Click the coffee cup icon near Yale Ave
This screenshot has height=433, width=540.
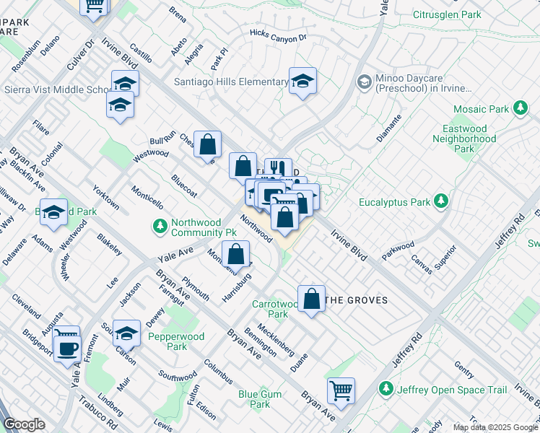coord(68,348)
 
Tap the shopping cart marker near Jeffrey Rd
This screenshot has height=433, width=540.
coord(341,390)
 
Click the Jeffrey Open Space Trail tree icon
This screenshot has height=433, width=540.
coord(387,390)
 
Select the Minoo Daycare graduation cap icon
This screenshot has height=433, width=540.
coord(364,82)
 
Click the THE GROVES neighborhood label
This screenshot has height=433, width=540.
coord(357,300)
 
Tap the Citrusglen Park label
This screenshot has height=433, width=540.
coord(447,14)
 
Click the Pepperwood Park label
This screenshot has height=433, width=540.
coord(167,341)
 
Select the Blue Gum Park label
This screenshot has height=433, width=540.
coord(255,399)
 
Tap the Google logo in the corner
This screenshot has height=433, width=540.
coord(24,424)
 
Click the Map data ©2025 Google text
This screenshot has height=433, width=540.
coord(495,427)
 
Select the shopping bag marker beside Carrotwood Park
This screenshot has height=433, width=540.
coord(311,299)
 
